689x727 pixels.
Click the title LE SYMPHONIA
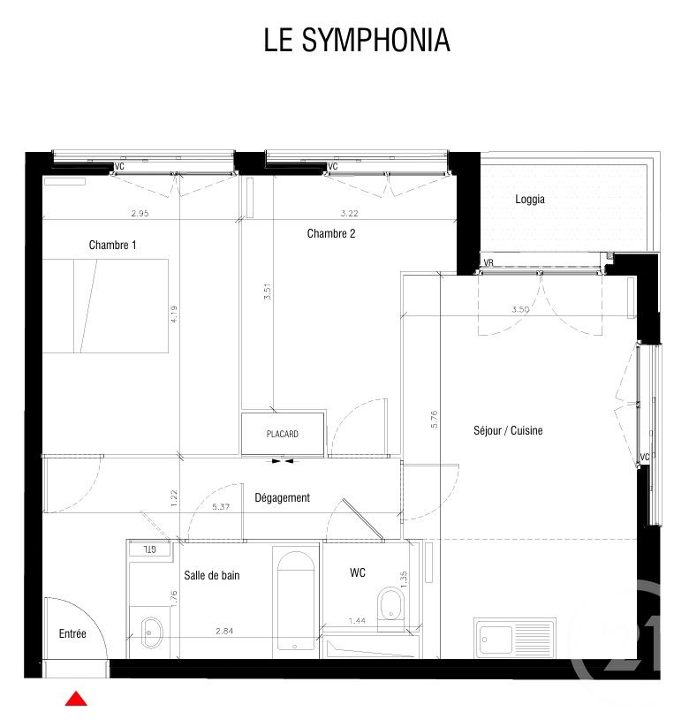357,41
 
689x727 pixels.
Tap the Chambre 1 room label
112,245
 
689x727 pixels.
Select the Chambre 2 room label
331,233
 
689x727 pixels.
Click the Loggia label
530,199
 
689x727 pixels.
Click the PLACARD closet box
283,434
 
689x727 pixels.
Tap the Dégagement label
282,497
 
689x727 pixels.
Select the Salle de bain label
211,575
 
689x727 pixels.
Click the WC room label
357,573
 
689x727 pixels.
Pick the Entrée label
72,633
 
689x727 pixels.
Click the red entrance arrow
76,699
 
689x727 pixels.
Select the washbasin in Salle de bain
152,631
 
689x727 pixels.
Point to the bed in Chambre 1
105,306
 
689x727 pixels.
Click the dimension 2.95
140,213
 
